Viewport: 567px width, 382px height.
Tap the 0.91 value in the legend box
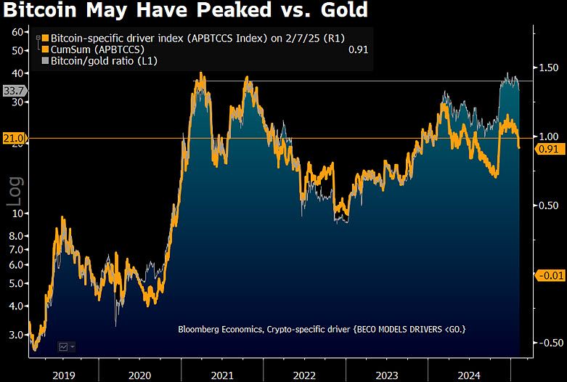pos(357,49)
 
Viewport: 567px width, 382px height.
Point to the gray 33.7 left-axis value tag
pos(14,91)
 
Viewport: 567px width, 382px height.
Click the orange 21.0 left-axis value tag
pos(14,138)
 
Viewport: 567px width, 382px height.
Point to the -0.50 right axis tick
pos(548,343)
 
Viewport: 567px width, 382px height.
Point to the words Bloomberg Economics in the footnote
pos(222,330)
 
